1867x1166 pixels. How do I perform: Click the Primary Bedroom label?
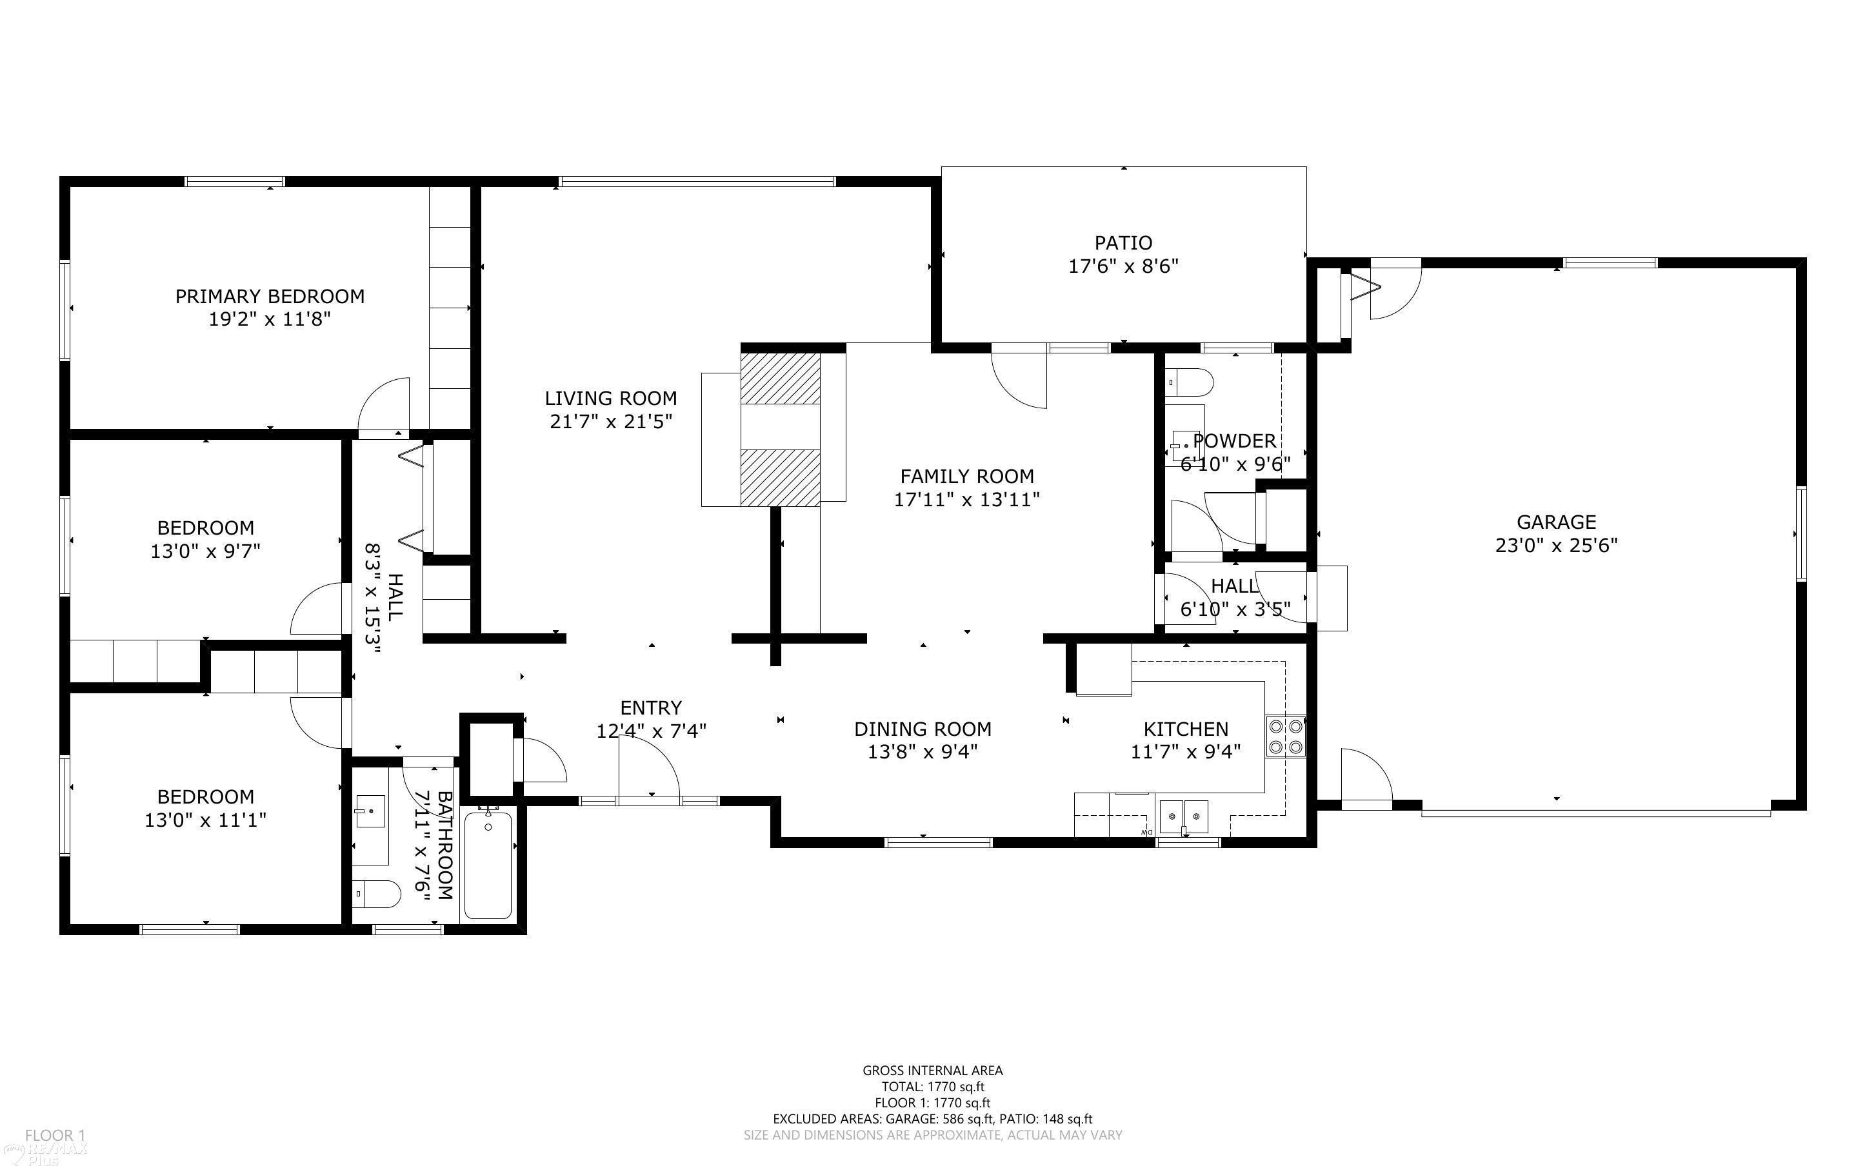click(270, 296)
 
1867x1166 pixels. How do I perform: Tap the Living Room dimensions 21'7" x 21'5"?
click(611, 421)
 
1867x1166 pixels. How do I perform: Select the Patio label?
click(1124, 243)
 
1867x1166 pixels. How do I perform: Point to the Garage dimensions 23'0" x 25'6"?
click(1556, 545)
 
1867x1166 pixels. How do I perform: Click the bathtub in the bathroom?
click(488, 864)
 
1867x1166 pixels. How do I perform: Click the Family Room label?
click(967, 476)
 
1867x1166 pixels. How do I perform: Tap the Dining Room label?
click(923, 729)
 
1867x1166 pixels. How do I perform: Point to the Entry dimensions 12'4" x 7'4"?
click(652, 730)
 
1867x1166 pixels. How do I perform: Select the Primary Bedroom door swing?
click(383, 405)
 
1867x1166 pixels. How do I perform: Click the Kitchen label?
click(1185, 729)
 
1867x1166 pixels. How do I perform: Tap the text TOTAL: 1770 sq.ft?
click(932, 1087)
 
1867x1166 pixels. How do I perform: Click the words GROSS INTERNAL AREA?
click(932, 1071)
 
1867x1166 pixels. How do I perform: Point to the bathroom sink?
click(371, 811)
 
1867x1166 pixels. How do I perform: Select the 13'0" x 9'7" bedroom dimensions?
click(205, 551)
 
